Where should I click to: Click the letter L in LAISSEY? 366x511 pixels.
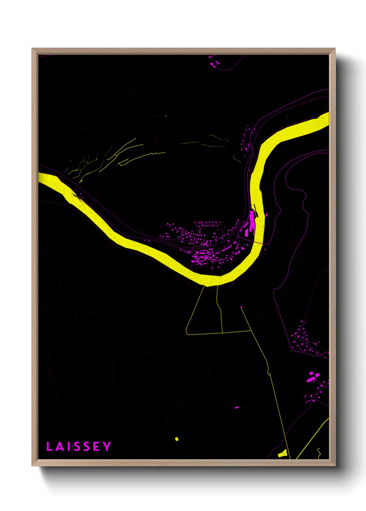coord(49,446)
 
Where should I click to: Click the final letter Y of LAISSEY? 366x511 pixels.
coord(107,446)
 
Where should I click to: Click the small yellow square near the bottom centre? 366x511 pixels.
coord(177,439)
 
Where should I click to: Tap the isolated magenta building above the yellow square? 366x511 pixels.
coord(237,407)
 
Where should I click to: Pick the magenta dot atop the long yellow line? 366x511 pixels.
coord(241,307)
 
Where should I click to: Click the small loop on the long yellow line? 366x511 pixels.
coord(268,372)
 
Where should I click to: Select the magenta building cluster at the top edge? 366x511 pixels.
coord(213,62)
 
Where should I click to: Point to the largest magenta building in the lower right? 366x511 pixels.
coord(310,379)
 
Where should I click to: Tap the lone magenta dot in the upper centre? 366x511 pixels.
coord(165,116)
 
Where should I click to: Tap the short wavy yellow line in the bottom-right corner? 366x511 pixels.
coord(319,452)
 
